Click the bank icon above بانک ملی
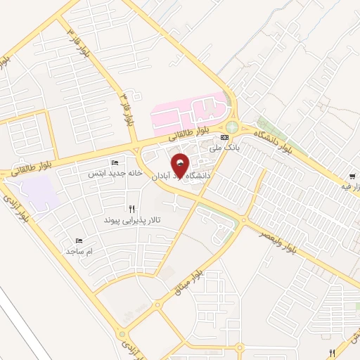(x=224, y=137)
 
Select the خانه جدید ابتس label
(x=115, y=172)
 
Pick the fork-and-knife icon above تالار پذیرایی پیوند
(x=132, y=209)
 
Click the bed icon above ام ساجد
(x=79, y=240)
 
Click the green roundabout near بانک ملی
(x=231, y=127)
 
